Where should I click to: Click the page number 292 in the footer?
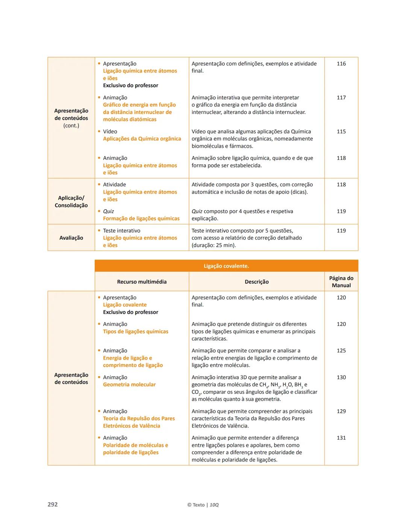tap(53, 504)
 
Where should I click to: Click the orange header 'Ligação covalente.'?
tap(226, 266)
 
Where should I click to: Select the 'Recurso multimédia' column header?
tap(142, 281)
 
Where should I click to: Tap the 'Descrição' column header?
tap(257, 281)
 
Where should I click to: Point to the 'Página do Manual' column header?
tap(341, 281)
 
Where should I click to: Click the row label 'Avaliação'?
tap(71, 238)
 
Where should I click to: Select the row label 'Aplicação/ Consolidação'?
tap(71, 201)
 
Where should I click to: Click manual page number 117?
tap(341, 98)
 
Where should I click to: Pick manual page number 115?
tap(341, 132)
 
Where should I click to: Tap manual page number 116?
tap(341, 64)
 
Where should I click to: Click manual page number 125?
tap(341, 351)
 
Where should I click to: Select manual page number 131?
tap(341, 438)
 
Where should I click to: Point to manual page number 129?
tap(341, 411)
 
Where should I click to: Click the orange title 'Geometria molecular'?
tap(129, 384)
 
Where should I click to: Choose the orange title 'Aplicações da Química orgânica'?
tap(142, 139)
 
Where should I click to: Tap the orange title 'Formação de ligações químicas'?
tap(141, 218)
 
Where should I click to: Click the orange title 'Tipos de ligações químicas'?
tap(136, 331)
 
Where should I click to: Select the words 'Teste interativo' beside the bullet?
tap(121, 231)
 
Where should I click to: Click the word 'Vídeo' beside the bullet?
tap(110, 132)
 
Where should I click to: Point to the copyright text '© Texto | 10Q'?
tap(203, 505)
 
